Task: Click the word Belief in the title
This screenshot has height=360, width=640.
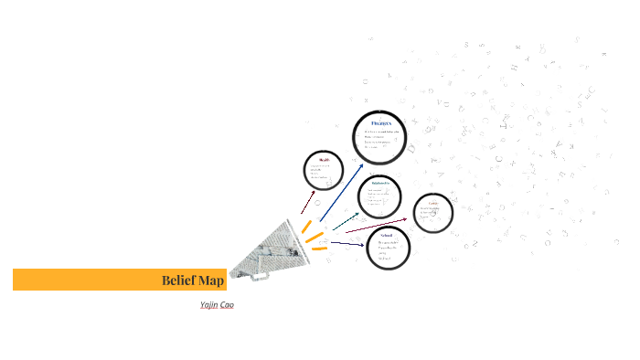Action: point(178,281)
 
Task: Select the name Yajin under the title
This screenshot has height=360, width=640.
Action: point(208,304)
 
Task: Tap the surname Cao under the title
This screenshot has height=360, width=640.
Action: point(227,304)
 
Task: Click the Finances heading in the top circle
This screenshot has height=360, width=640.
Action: point(381,122)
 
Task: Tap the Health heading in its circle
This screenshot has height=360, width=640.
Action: point(323,159)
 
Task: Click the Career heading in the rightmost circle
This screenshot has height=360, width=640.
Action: point(433,203)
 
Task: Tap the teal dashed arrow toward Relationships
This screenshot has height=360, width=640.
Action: point(345,220)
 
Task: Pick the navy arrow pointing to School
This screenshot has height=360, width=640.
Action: point(347,243)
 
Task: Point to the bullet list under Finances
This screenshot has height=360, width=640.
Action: point(380,139)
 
